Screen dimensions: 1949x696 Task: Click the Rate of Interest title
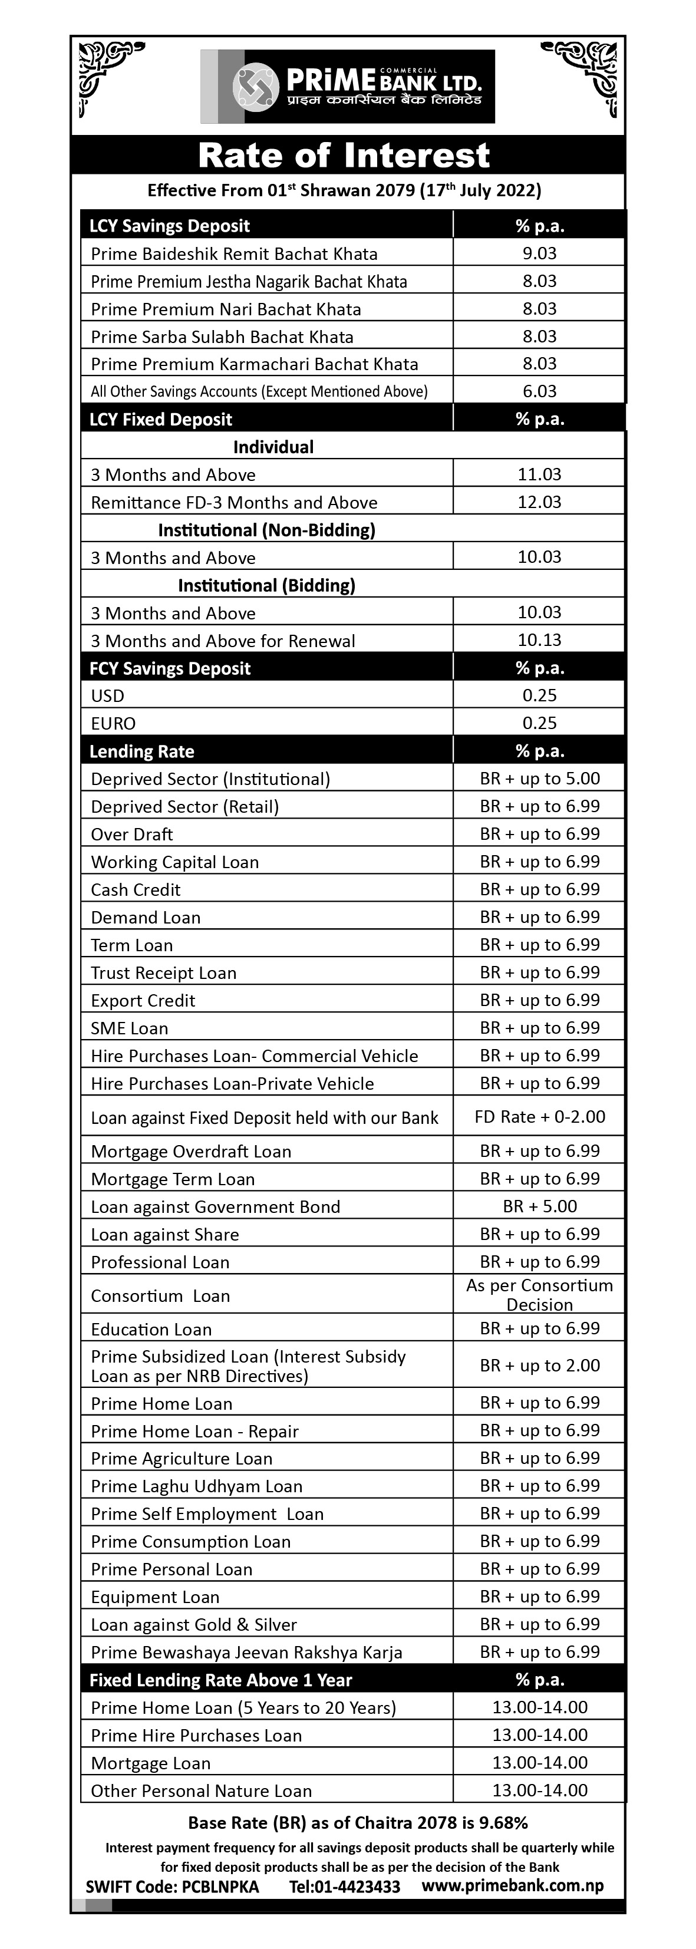(344, 155)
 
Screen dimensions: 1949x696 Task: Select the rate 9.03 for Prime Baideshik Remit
(539, 253)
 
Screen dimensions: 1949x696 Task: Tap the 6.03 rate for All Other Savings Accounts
(539, 391)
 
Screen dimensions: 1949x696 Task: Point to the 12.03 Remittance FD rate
(539, 502)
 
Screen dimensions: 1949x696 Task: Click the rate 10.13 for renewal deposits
(539, 640)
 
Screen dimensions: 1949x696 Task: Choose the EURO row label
(114, 723)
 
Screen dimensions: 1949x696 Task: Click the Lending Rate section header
(142, 751)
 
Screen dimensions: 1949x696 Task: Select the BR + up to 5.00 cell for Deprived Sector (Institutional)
(539, 779)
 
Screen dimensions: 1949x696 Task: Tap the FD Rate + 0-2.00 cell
(539, 1117)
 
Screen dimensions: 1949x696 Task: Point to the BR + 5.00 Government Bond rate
(539, 1206)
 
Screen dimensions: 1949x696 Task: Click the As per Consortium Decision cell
(539, 1295)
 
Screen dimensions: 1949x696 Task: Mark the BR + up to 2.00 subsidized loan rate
(539, 1366)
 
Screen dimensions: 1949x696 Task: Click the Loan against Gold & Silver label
(194, 1624)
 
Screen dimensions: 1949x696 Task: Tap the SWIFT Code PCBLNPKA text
(173, 1886)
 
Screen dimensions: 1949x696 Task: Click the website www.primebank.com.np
(513, 1885)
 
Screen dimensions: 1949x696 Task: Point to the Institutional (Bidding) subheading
(266, 585)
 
